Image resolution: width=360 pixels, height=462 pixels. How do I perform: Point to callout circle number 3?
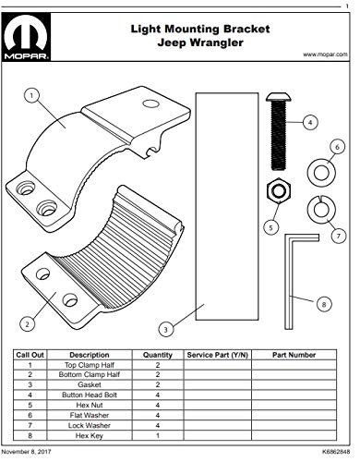click(162, 327)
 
